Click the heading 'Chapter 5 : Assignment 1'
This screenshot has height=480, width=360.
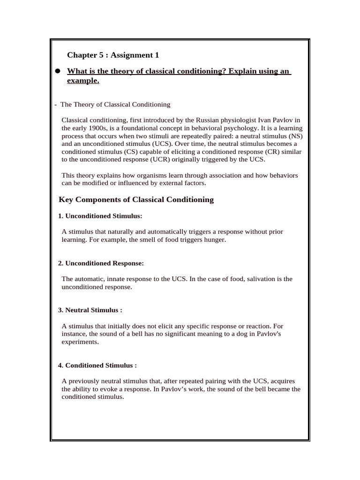click(113, 55)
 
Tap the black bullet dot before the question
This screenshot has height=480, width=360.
click(58, 71)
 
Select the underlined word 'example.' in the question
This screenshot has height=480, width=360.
click(83, 81)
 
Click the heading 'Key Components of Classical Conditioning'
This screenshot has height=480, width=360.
click(136, 200)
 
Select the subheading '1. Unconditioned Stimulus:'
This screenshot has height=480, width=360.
click(100, 216)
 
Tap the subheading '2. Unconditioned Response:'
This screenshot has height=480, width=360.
click(101, 263)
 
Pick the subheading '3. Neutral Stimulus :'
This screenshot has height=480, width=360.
click(90, 310)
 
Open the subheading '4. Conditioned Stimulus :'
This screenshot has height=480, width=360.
click(97, 365)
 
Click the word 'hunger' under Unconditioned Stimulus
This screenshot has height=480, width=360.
click(215, 240)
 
